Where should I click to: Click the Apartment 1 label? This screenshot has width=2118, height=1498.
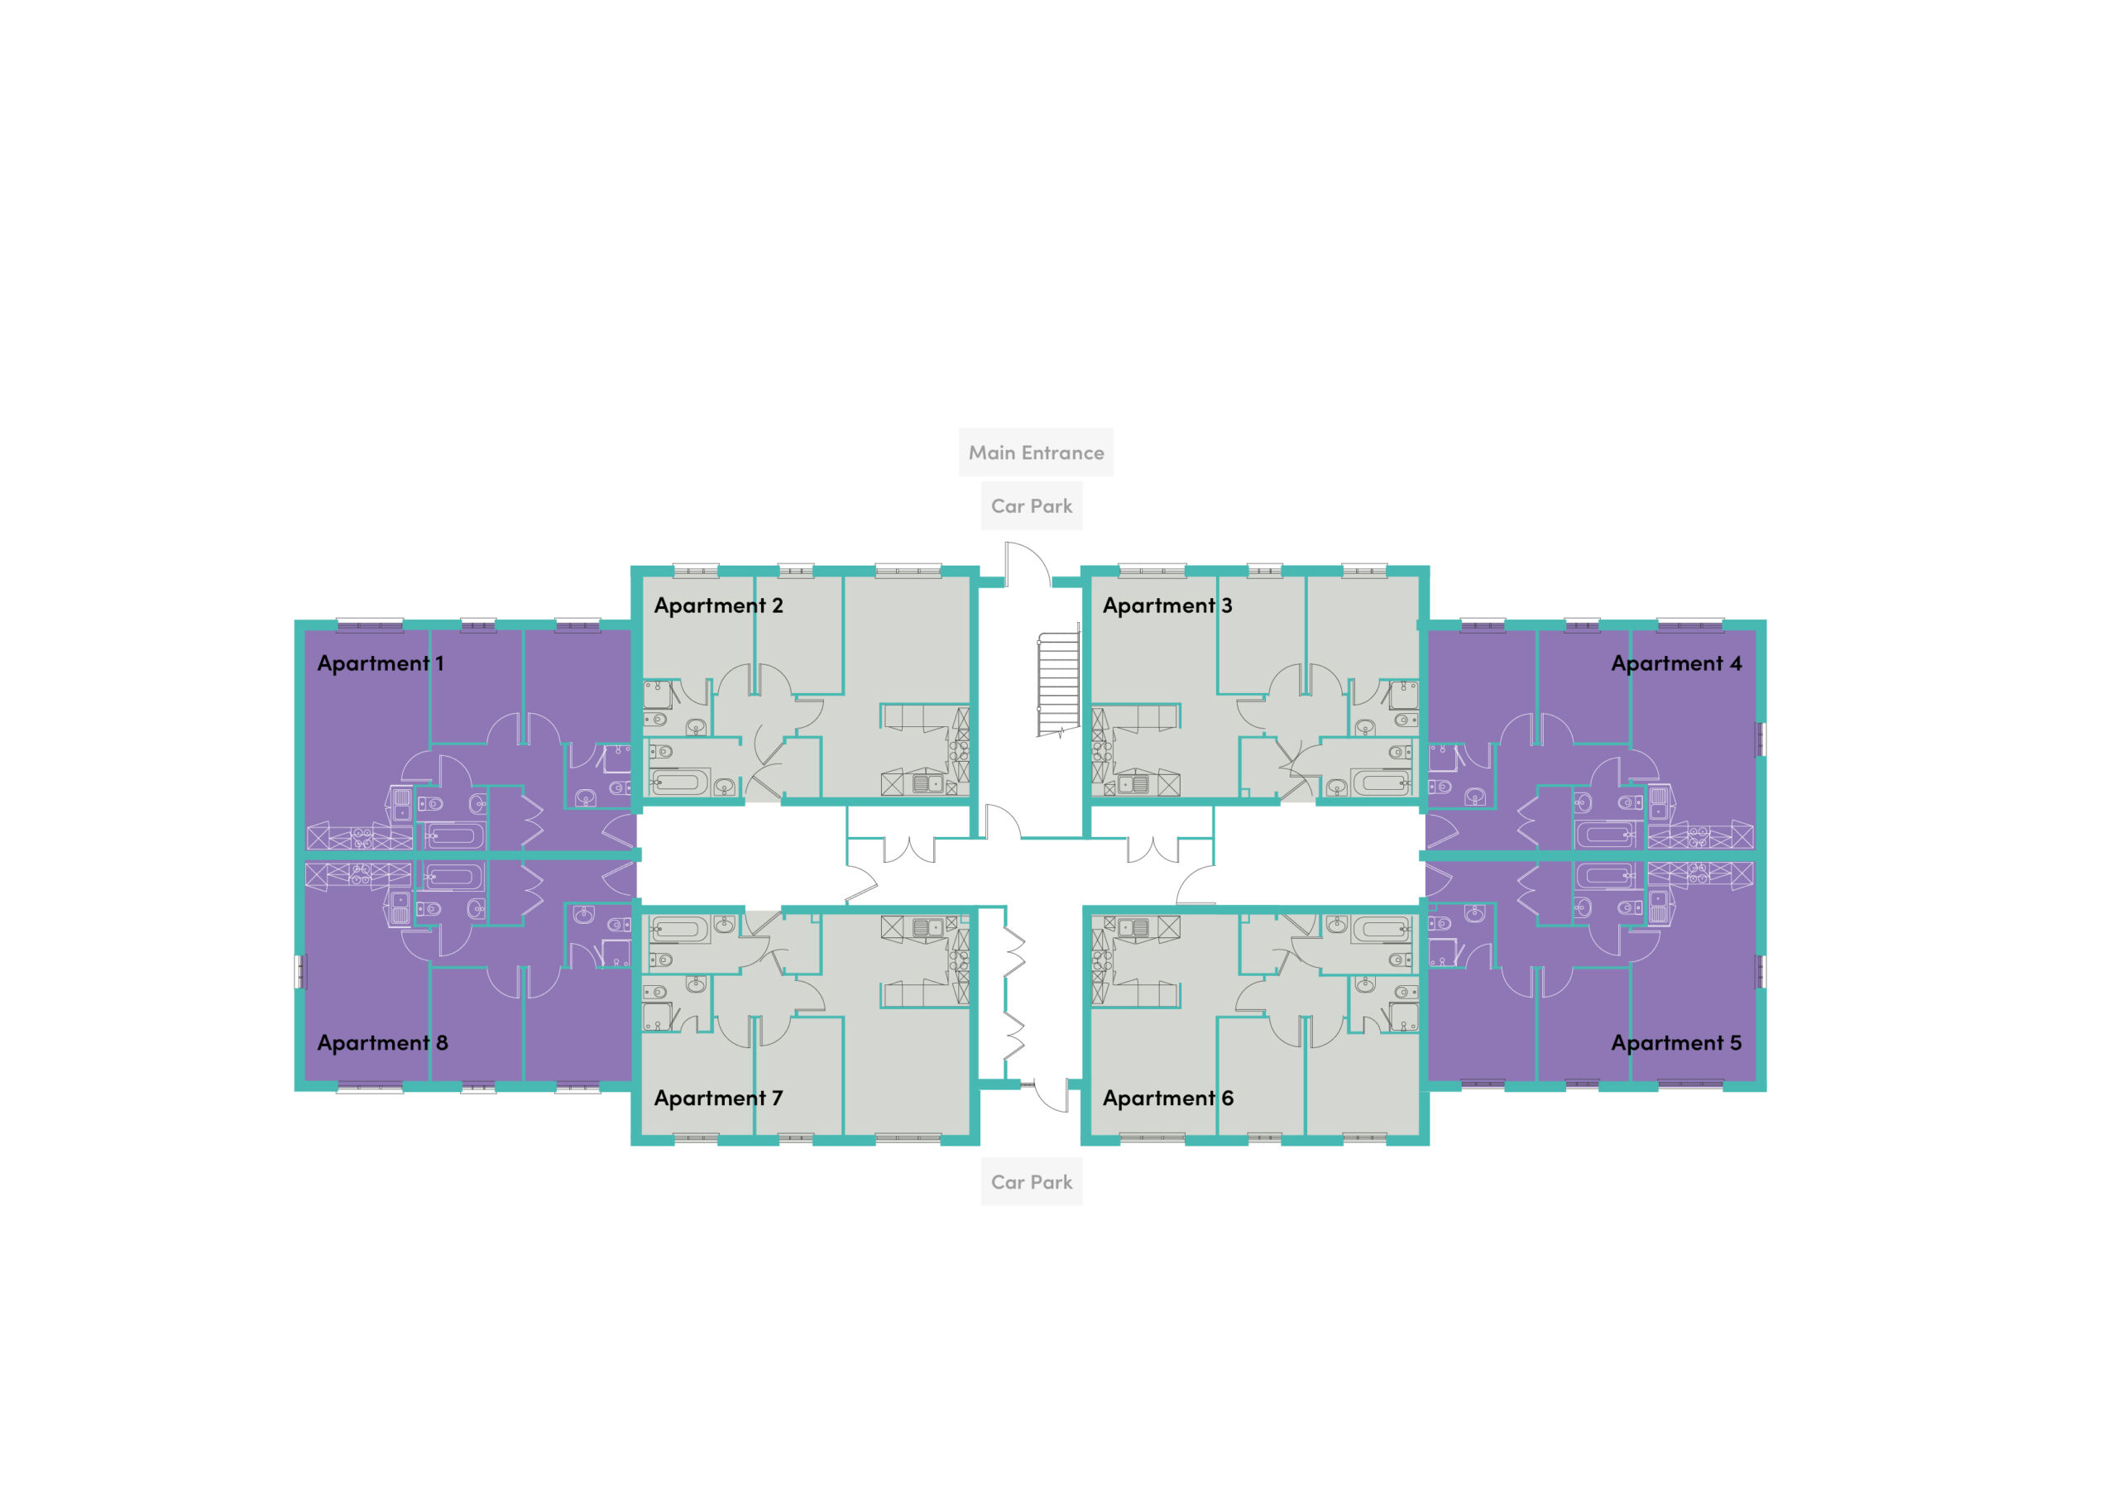pyautogui.click(x=380, y=663)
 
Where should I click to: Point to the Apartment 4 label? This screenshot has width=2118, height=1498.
pyautogui.click(x=1676, y=663)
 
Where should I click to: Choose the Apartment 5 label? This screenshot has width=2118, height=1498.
pyautogui.click(x=1676, y=1043)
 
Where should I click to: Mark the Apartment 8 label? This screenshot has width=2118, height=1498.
pyautogui.click(x=382, y=1043)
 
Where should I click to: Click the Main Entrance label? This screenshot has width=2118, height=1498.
pyautogui.click(x=1036, y=453)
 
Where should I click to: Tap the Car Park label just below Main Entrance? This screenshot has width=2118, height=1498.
pyautogui.click(x=1032, y=506)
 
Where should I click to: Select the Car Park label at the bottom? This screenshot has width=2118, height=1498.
pyautogui.click(x=1032, y=1183)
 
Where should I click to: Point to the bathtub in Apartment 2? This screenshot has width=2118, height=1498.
pyautogui.click(x=680, y=783)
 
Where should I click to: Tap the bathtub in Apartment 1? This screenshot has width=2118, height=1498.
pyautogui.click(x=453, y=836)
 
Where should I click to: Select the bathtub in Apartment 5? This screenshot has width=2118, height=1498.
pyautogui.click(x=1607, y=875)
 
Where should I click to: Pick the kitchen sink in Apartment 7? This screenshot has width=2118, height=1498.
pyautogui.click(x=928, y=927)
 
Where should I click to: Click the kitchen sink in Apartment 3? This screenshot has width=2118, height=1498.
pyautogui.click(x=1133, y=785)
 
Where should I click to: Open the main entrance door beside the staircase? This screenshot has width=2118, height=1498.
pyautogui.click(x=1028, y=564)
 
